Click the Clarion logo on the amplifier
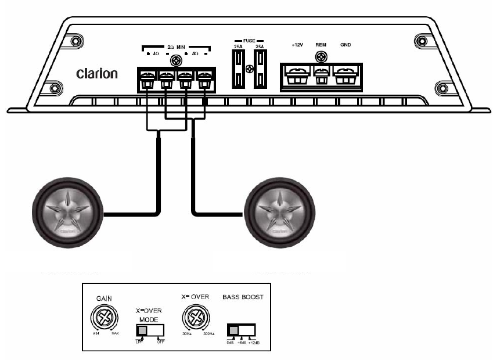click(97, 74)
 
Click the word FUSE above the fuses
click(249, 34)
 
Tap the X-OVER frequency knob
click(197, 318)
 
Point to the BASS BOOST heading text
click(243, 297)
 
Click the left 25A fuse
click(238, 69)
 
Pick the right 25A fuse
click(260, 69)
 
